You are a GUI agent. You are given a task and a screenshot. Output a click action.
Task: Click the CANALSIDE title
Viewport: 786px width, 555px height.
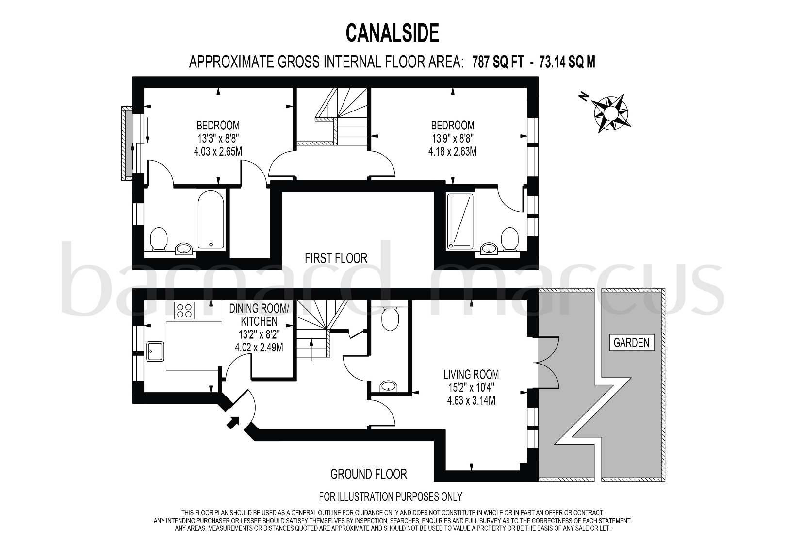pos(392,33)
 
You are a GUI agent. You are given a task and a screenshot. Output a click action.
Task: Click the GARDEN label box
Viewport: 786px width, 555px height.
pos(631,343)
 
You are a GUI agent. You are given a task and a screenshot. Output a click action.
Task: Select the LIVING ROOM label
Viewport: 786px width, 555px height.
pos(471,374)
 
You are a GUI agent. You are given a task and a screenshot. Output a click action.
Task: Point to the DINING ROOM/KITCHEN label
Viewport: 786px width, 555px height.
pos(260,315)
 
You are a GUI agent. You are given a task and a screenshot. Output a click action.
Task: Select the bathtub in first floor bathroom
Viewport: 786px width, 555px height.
pos(211,219)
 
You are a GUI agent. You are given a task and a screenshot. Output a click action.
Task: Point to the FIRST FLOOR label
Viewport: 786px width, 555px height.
pos(336,258)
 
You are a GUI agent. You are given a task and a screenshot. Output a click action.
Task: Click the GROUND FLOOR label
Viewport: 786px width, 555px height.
pos(368,474)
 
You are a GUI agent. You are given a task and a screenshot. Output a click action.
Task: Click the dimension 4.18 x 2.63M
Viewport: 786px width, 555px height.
pos(452,151)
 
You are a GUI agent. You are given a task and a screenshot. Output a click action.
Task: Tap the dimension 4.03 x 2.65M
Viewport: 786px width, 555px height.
pos(218,151)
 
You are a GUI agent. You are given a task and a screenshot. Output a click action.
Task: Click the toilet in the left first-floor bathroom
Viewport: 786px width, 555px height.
pos(159,239)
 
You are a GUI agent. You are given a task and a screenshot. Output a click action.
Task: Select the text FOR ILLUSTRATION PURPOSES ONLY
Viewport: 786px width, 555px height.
pos(390,496)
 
